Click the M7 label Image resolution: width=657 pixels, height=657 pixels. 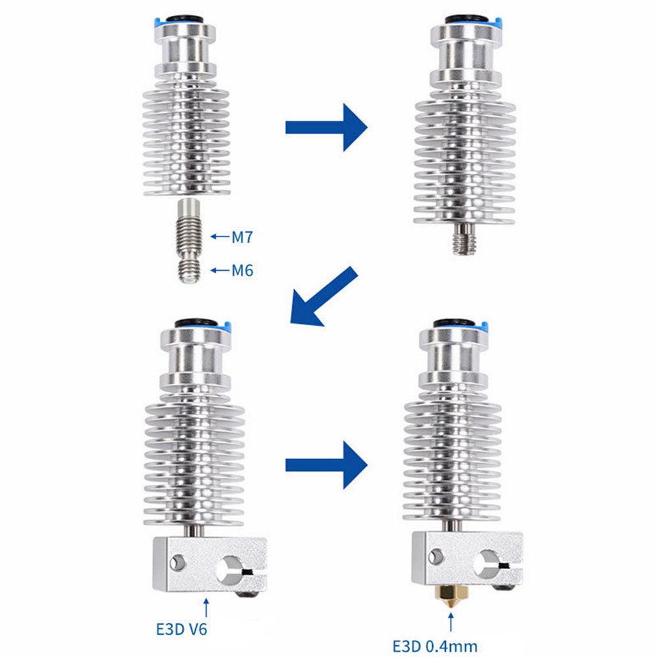point(242,237)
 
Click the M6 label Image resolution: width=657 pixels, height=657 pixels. point(242,270)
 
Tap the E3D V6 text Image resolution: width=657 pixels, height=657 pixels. point(181,629)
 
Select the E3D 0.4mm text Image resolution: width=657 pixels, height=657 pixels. point(434,646)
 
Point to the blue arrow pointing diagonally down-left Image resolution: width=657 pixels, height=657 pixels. point(324,296)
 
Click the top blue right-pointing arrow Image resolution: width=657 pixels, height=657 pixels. point(327,127)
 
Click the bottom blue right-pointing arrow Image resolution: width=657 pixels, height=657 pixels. point(327,465)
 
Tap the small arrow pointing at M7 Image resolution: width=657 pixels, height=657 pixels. point(219,237)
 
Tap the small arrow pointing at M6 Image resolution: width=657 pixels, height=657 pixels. point(219,270)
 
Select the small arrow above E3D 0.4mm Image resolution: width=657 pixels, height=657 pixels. point(451,622)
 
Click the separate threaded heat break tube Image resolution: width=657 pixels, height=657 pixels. point(188,240)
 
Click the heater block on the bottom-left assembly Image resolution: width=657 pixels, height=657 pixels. point(210,564)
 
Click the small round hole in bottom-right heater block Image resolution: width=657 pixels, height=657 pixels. point(436,556)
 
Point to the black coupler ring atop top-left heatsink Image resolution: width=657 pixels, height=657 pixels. point(185,19)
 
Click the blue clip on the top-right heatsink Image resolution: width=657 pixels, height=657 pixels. point(498,22)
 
